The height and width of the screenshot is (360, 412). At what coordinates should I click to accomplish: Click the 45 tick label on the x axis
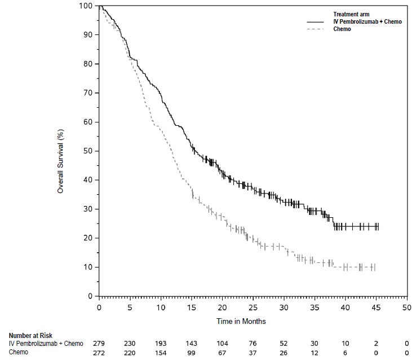375,308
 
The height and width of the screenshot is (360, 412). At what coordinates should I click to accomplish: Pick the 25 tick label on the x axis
252,308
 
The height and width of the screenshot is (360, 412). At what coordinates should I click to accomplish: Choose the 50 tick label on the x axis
406,308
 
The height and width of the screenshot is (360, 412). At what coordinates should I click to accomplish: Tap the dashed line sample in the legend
316,29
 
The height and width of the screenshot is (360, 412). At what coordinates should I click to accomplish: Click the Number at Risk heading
32,335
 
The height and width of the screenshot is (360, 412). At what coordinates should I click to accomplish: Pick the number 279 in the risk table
99,343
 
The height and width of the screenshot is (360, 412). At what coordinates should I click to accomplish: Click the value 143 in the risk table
191,343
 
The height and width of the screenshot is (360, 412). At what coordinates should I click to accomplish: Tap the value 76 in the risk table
252,343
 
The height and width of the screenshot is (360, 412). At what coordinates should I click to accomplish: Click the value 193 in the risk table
161,343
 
